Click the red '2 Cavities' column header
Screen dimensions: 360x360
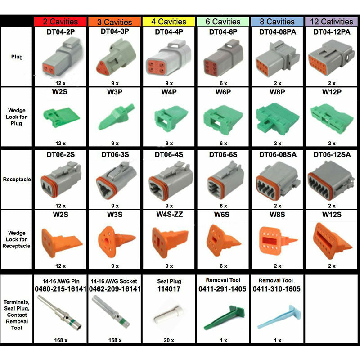click(61, 21)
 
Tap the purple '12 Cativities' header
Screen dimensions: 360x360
click(331, 21)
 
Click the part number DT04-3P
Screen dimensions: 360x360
click(115, 31)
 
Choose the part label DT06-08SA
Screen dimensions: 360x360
click(277, 154)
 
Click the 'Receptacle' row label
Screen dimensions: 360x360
click(17, 179)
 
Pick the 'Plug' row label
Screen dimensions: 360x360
click(17, 57)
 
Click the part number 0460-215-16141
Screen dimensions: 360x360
click(60, 289)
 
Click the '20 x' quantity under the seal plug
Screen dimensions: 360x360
click(169, 340)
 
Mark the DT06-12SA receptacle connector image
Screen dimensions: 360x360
click(331, 180)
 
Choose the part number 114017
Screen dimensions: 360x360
click(169, 289)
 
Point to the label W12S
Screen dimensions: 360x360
click(331, 215)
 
